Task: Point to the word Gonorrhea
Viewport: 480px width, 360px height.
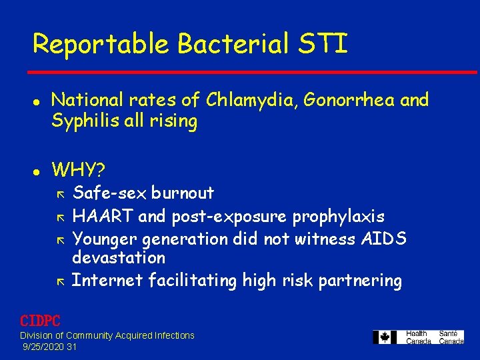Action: click(x=352, y=100)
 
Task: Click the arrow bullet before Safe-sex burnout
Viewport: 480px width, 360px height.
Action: click(x=60, y=194)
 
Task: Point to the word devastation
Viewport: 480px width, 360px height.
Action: click(x=118, y=257)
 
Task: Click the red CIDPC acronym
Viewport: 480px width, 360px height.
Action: click(x=40, y=321)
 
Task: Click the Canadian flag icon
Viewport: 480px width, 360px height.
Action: click(x=385, y=337)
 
